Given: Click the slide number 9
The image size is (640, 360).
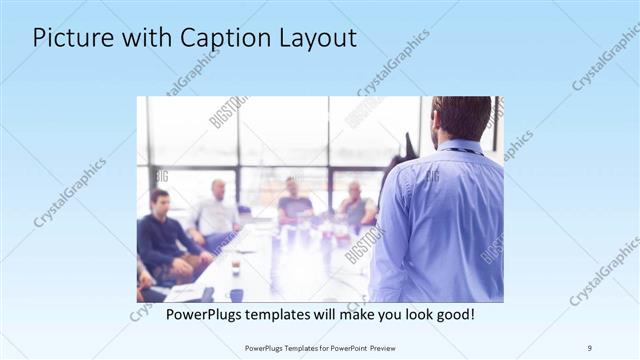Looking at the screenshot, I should click(x=590, y=347).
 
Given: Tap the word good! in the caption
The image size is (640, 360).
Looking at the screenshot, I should click(x=453, y=315).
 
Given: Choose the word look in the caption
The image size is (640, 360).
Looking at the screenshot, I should click(x=409, y=315).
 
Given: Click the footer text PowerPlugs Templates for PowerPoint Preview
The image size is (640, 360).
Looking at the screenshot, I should click(x=319, y=347).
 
